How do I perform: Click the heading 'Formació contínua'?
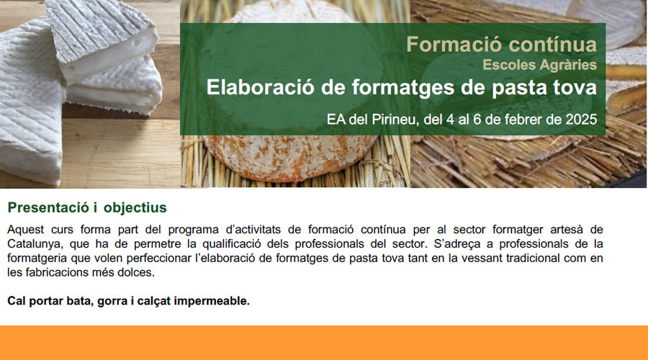(501, 45)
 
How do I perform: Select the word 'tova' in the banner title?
(576, 88)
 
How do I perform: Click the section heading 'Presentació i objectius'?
(87, 208)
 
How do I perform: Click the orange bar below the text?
(324, 343)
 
